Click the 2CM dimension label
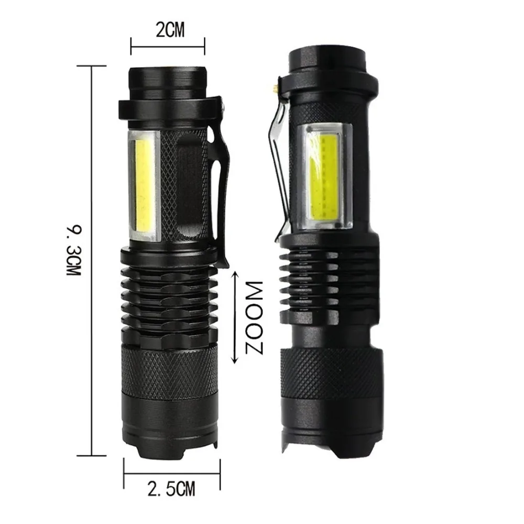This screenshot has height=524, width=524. pyautogui.click(x=170, y=30)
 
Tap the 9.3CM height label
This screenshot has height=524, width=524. pyautogui.click(x=74, y=250)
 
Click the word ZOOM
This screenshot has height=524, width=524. pyautogui.click(x=254, y=317)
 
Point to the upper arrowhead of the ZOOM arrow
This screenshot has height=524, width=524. pyautogui.click(x=235, y=275)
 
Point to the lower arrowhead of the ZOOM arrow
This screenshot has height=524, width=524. pyautogui.click(x=235, y=359)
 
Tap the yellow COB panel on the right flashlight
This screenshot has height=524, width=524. pyautogui.click(x=324, y=177)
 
